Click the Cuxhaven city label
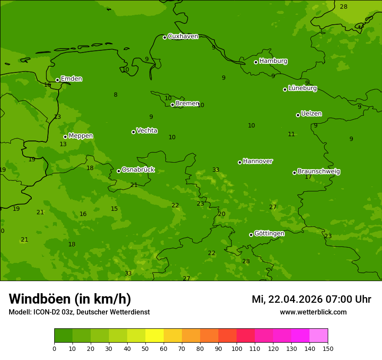click(x=183, y=36)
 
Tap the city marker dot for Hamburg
click(x=256, y=62)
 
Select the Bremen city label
click(x=187, y=104)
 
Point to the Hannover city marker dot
click(x=240, y=162)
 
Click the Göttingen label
click(x=269, y=233)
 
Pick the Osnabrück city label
click(x=138, y=170)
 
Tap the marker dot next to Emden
click(x=57, y=80)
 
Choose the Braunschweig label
click(x=319, y=171)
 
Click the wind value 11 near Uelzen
click(x=291, y=134)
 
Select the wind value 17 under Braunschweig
click(x=308, y=177)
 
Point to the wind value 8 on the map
click(x=115, y=95)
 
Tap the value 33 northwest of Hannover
click(x=216, y=170)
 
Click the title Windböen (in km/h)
click(x=70, y=299)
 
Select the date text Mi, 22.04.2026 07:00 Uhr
click(x=311, y=299)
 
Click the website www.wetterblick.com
click(x=313, y=312)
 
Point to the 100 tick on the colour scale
click(x=237, y=348)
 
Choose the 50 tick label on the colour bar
click(x=145, y=348)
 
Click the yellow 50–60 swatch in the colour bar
click(x=155, y=335)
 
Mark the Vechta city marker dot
click(x=133, y=132)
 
